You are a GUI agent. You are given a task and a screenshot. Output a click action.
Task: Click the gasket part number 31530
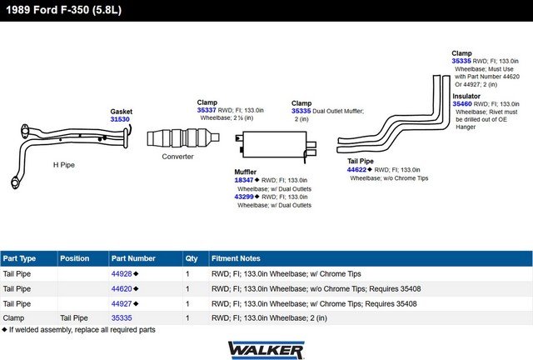120,119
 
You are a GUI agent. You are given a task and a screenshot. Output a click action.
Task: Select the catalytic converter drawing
183,137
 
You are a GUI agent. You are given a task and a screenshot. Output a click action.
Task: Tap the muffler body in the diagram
275,145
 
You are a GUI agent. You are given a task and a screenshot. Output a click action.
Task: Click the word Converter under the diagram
177,157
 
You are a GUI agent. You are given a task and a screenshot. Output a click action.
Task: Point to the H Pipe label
64,165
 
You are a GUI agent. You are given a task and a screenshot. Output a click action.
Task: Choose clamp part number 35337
207,110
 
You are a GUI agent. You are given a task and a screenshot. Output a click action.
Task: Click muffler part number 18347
244,180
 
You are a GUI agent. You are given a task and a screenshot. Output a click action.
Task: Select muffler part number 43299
244,197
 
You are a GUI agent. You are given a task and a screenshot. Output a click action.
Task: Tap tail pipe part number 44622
356,169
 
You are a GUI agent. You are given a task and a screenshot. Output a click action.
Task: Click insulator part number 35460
462,104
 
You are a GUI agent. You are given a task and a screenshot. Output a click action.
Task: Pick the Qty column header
192,258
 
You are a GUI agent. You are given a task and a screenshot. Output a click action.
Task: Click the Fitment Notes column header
236,258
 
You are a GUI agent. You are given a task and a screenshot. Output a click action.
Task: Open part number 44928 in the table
122,273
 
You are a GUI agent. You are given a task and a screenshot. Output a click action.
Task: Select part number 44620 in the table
122,288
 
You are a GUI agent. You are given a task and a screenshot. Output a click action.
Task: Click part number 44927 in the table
122,303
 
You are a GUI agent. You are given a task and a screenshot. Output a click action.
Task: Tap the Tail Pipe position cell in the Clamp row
74,317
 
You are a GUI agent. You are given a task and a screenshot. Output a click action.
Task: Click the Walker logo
266,350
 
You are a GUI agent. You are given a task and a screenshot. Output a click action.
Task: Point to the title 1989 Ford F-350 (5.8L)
63,10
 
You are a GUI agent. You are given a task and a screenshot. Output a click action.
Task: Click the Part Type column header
19,258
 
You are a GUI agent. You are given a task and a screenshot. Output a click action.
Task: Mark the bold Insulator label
466,96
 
